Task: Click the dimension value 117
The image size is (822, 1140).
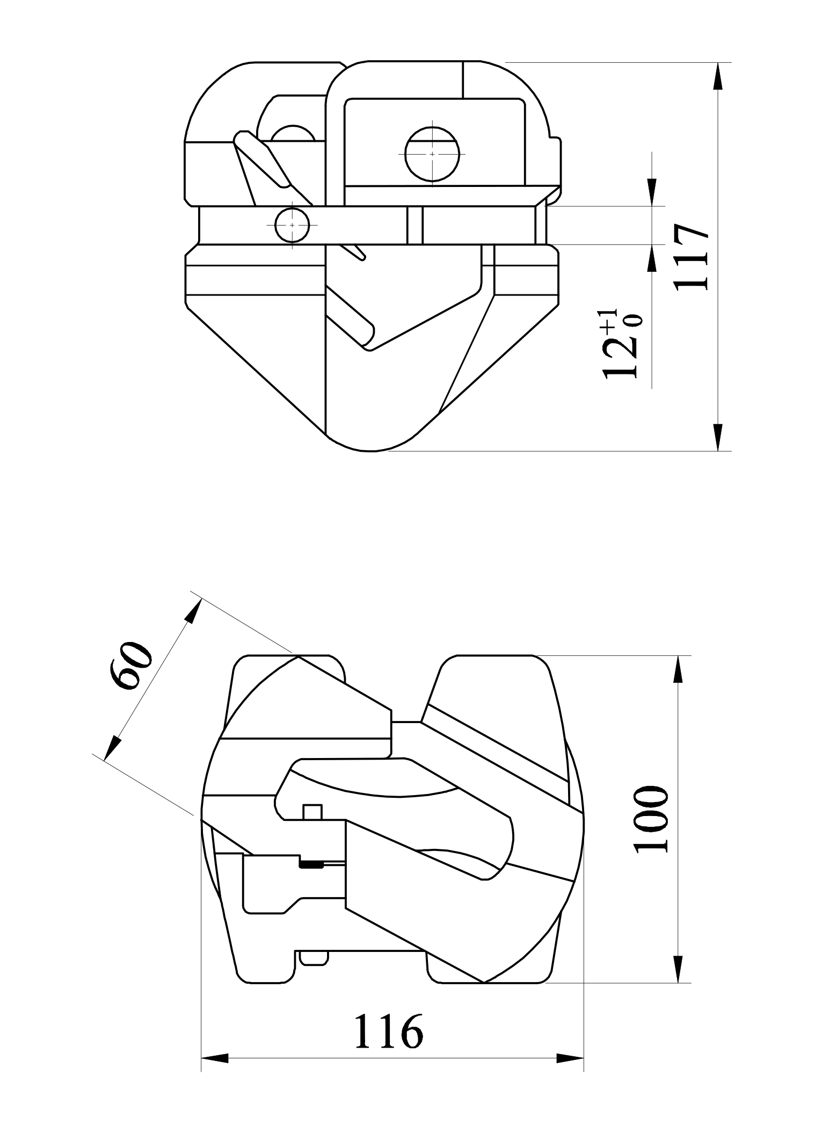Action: tap(692, 257)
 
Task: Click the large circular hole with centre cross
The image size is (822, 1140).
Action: tap(433, 154)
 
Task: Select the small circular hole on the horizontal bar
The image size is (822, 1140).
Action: tap(292, 225)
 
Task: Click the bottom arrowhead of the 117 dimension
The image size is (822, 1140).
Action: tap(717, 437)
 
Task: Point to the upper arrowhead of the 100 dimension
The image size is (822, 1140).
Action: tap(678, 669)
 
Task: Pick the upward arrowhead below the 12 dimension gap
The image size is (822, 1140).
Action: tap(652, 258)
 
